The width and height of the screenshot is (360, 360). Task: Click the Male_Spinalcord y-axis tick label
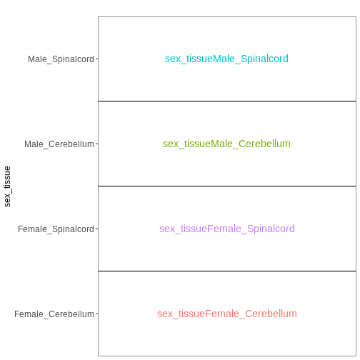point(61,59)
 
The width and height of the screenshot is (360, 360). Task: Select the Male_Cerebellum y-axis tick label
point(59,144)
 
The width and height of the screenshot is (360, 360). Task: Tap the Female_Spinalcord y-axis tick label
point(56,229)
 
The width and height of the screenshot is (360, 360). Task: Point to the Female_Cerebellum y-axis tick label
point(54,314)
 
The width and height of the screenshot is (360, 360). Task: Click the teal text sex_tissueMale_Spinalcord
point(226,59)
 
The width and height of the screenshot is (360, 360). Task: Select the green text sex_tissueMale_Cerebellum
point(226,144)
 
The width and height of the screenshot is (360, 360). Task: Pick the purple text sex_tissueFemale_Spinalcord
point(227,229)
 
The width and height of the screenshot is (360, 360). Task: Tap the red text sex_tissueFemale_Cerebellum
point(227,314)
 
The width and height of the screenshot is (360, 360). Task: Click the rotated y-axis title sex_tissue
point(7,186)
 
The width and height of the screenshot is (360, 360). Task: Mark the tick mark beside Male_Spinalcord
point(97,59)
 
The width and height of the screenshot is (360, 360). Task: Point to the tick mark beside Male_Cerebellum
point(97,144)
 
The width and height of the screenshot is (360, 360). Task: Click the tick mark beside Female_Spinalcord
point(97,229)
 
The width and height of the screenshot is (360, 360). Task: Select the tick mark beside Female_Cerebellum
point(97,314)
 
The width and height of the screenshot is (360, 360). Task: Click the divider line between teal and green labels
point(227,101)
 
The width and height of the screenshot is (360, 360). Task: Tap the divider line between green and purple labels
point(227,186)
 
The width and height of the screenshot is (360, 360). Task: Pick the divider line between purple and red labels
point(227,271)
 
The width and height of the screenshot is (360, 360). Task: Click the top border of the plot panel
point(227,16)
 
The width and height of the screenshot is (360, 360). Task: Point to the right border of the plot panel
point(356,186)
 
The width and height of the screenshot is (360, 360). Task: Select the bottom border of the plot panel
point(227,356)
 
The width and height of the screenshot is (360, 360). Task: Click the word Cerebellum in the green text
point(264,144)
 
